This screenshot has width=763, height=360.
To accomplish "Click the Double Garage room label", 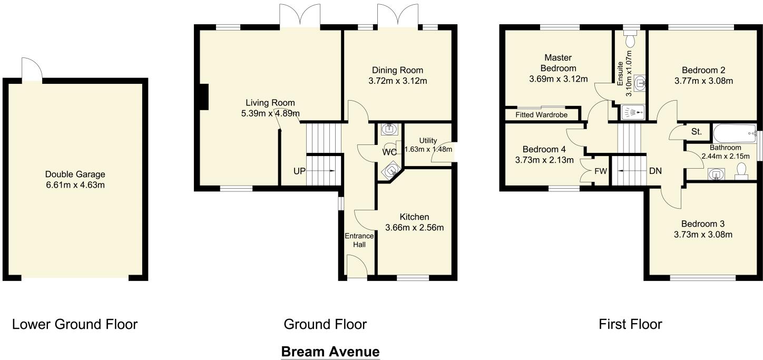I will pyautogui.click(x=75, y=174).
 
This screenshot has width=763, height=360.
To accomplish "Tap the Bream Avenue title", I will pyautogui.click(x=330, y=352).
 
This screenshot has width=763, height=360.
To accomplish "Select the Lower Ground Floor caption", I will pyautogui.click(x=75, y=324).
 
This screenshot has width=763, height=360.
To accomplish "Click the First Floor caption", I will pyautogui.click(x=630, y=324).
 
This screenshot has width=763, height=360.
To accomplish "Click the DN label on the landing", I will pyautogui.click(x=656, y=171).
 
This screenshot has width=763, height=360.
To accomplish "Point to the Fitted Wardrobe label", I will pyautogui.click(x=542, y=114).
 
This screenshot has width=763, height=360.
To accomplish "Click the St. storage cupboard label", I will pyautogui.click(x=697, y=132).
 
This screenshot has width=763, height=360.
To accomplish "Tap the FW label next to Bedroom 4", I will pyautogui.click(x=600, y=171).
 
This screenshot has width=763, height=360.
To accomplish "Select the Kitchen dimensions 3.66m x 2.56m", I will pyautogui.click(x=414, y=228).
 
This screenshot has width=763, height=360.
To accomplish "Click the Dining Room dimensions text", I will pyautogui.click(x=397, y=81).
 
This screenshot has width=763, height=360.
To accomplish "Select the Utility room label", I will pyautogui.click(x=428, y=140).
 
